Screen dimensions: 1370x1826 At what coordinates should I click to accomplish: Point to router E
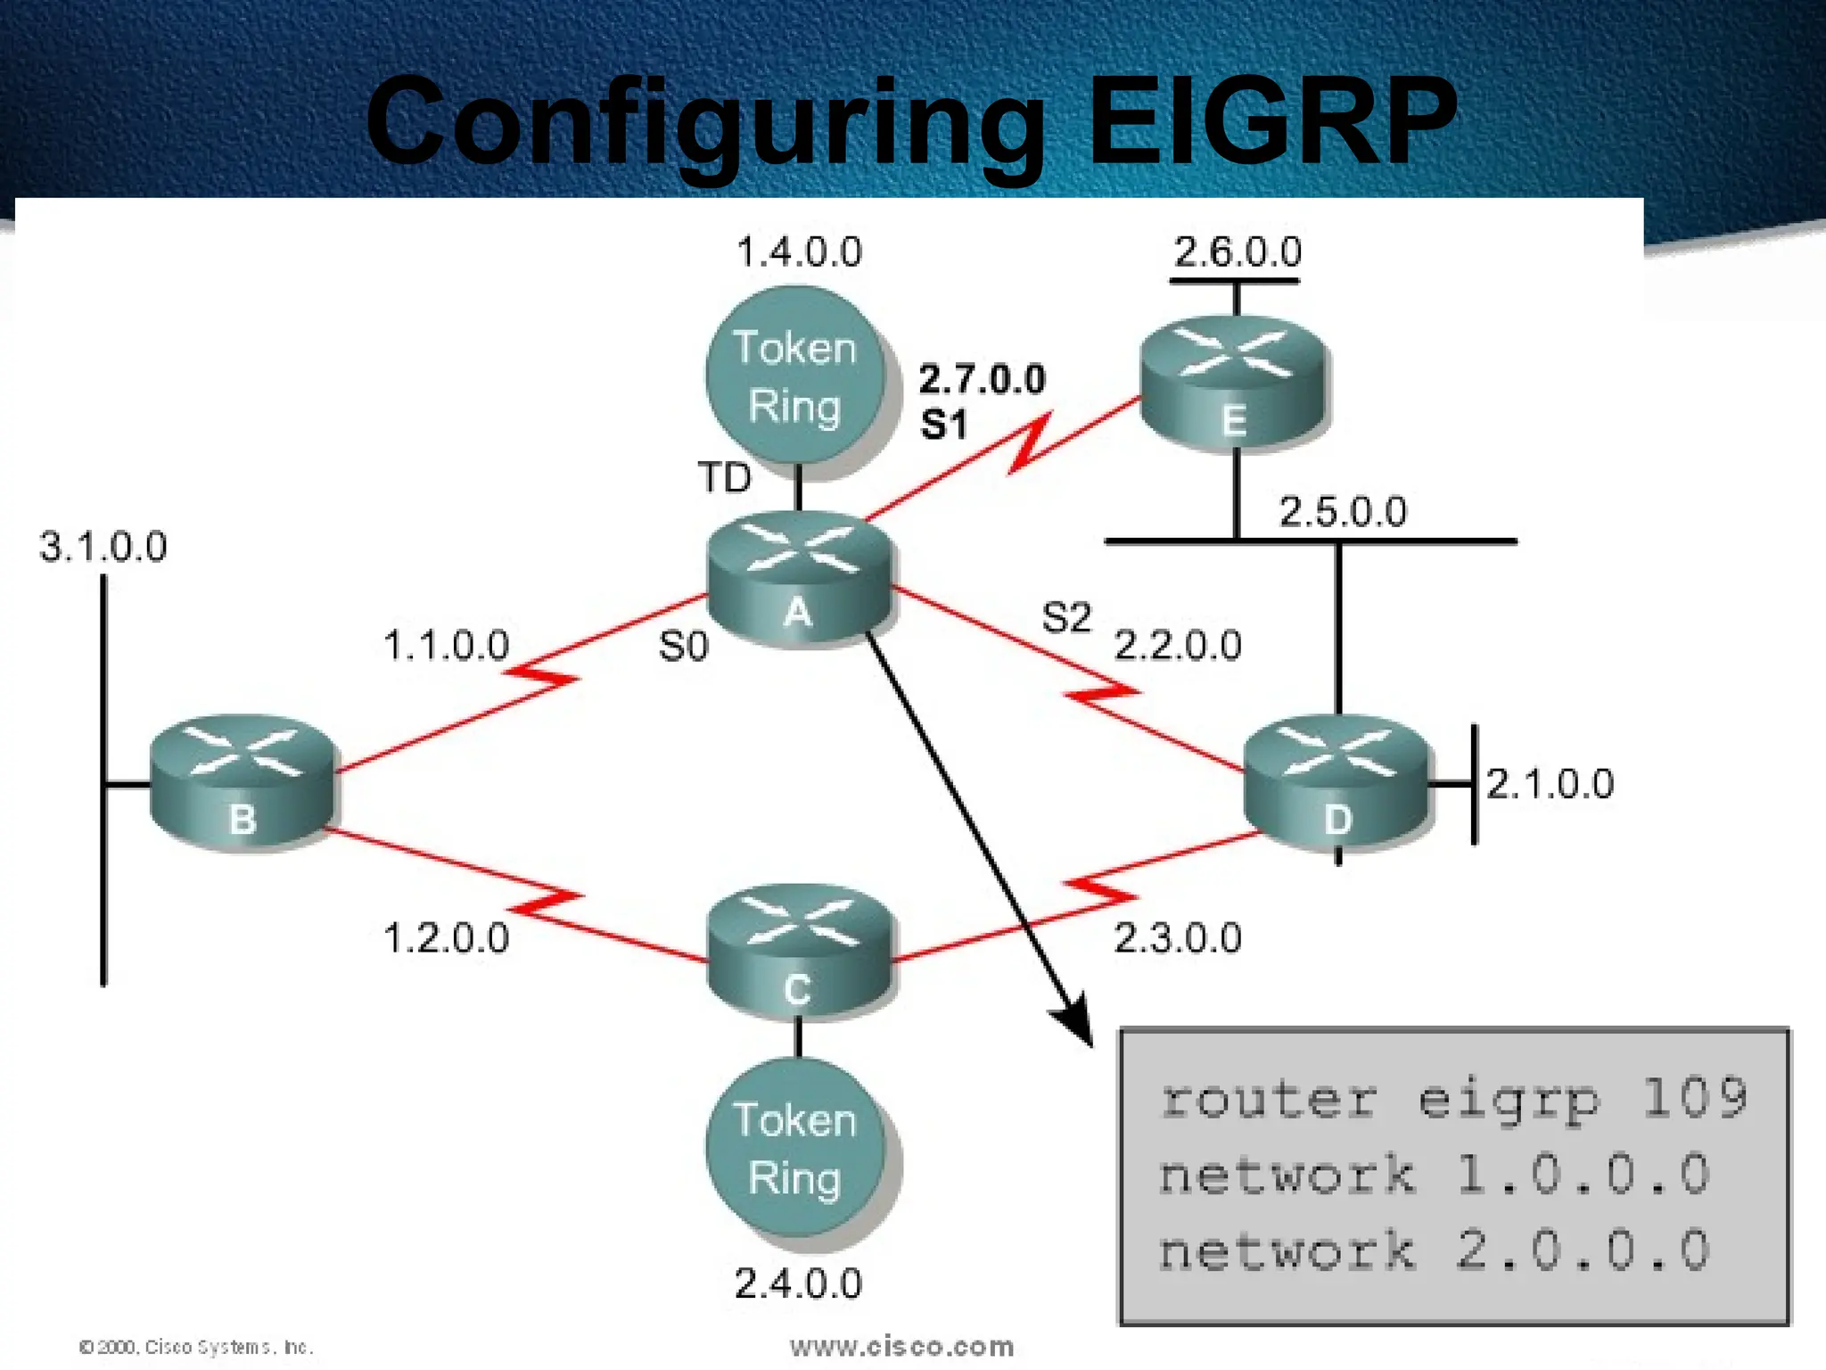pos(1235,384)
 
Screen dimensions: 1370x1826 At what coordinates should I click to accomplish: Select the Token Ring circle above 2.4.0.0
pos(795,1149)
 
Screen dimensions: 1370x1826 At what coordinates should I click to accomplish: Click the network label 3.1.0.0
pos(103,547)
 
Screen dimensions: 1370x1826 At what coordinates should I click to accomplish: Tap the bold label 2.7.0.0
pos(982,380)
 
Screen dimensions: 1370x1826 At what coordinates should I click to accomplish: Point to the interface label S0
pos(683,647)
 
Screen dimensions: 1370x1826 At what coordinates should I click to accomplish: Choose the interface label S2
pos(1066,617)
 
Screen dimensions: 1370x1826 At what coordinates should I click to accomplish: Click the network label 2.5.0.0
pos(1343,512)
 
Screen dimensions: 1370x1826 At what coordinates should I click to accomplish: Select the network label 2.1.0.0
pos(1550,784)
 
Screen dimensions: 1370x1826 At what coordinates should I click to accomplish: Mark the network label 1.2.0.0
pos(446,938)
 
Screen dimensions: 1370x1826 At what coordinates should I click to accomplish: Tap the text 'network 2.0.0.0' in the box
pos(1434,1250)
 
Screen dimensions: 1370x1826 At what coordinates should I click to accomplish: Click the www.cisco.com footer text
pos(901,1346)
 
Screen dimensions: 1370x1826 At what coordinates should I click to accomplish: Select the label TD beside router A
pos(724,478)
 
